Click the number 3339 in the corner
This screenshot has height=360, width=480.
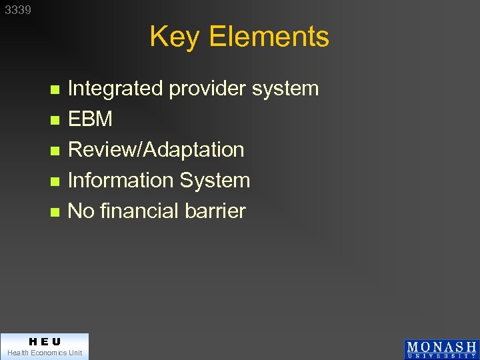coord(18,11)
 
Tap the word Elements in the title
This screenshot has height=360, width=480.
coord(269,37)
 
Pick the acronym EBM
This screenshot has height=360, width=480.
coord(90,119)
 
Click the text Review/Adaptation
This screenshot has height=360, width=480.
coord(156,150)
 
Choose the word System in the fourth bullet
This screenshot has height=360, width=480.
coord(214,180)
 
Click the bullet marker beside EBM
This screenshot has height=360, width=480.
coord(55,121)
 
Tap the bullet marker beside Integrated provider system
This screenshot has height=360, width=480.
coord(55,89)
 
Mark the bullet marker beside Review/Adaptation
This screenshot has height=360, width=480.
coord(55,151)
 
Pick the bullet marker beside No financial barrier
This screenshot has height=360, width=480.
coord(55,212)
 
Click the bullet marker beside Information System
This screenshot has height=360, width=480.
coord(55,181)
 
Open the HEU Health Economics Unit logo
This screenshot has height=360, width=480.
coord(44,346)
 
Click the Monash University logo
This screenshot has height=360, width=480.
coord(441,349)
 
